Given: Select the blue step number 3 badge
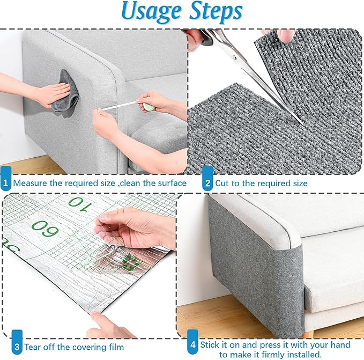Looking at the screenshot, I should (x=17, y=347).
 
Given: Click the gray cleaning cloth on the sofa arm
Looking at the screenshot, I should (x=66, y=99).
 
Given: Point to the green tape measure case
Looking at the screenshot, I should (x=148, y=106).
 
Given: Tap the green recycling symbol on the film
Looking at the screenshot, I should (x=128, y=262).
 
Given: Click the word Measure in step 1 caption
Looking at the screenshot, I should (x=30, y=183).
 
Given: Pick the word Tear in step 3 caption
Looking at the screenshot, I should (x=36, y=347).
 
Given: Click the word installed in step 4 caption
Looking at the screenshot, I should (x=306, y=354).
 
